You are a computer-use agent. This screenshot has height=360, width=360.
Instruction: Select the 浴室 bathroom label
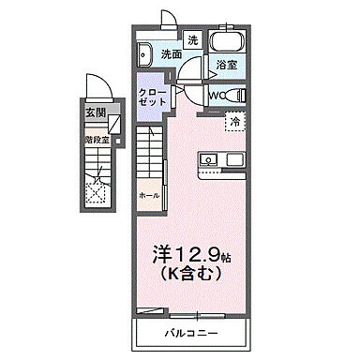(225, 66)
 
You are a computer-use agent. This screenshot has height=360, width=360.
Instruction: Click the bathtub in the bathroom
(224, 43)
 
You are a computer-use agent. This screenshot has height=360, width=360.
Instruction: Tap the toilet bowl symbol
(235, 96)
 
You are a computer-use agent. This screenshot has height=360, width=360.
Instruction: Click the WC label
(215, 95)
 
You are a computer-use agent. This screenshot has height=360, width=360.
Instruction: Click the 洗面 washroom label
(169, 55)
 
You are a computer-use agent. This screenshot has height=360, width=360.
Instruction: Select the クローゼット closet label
(152, 97)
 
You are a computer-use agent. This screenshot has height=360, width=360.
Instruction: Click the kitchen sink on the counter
(209, 160)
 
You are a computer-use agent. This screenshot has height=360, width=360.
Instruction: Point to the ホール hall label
(148, 194)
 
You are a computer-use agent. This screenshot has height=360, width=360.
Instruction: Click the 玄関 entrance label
(96, 112)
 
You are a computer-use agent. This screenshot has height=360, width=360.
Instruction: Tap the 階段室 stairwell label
(97, 140)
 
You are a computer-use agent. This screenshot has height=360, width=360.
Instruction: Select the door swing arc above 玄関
(100, 88)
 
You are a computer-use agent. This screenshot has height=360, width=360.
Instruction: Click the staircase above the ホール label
(150, 155)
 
